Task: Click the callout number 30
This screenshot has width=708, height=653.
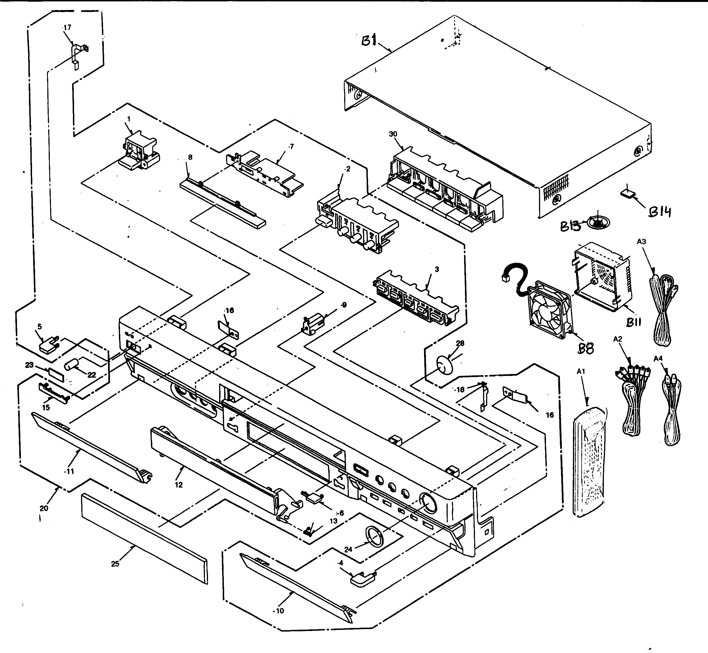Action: click(393, 134)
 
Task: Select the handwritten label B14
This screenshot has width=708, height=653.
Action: click(660, 212)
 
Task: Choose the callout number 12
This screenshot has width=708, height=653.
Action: click(179, 485)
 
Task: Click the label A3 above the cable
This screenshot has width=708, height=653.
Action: click(641, 242)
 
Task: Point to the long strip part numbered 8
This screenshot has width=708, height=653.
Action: click(222, 205)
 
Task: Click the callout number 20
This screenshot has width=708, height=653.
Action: click(44, 508)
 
